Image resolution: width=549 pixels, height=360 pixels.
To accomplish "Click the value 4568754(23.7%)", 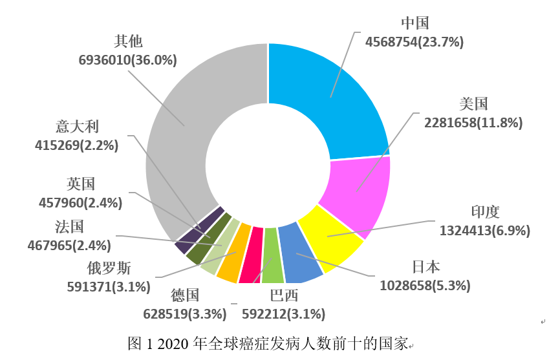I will pos(414,43).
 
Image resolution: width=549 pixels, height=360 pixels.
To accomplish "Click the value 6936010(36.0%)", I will pos(128,60).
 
